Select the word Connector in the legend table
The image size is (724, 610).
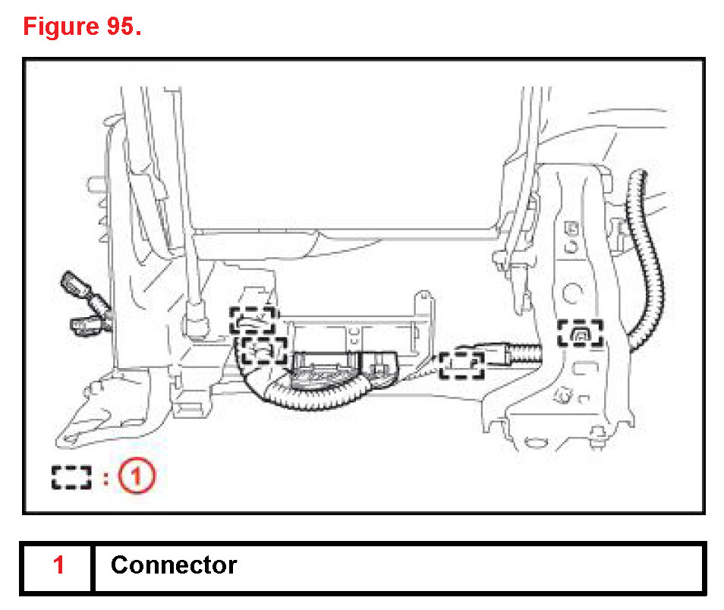click(x=174, y=565)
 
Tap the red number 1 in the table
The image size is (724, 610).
click(x=58, y=565)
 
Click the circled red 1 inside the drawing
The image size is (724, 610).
click(x=138, y=476)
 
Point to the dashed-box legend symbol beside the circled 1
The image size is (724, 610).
click(x=71, y=476)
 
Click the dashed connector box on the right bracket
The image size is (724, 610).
click(x=580, y=332)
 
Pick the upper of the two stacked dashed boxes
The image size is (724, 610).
click(x=254, y=321)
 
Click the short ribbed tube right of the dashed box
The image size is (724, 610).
click(x=519, y=353)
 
